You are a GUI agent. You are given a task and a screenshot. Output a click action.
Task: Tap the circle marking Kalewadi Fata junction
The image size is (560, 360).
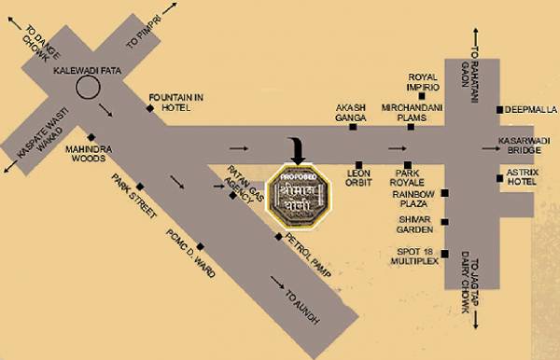point(89,88)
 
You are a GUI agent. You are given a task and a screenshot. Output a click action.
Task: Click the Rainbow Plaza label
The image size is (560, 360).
point(415,198)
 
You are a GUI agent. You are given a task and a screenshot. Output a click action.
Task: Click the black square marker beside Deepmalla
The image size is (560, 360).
point(501,110)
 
